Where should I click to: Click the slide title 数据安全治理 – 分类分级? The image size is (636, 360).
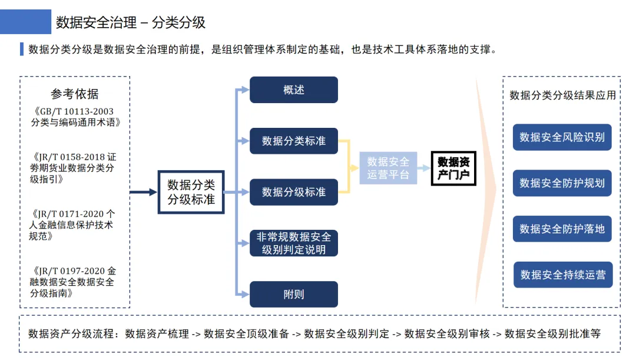(131, 23)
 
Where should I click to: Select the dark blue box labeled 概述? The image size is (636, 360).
(294, 90)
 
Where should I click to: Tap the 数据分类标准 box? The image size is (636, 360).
(294, 141)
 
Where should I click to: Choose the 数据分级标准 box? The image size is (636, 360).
(294, 192)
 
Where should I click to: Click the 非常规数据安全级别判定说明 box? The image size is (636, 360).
(294, 243)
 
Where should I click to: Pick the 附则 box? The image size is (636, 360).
(294, 294)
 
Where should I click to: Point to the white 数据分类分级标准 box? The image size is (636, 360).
(191, 192)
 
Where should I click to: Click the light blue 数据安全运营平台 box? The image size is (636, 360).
(388, 168)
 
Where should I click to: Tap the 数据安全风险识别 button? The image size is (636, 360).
(562, 137)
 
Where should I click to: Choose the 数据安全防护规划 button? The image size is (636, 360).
(562, 183)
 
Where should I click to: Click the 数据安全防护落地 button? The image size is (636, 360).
(562, 229)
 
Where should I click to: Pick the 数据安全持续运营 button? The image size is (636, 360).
(563, 275)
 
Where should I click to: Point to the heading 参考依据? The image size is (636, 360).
(75, 94)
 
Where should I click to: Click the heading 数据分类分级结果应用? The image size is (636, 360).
(562, 95)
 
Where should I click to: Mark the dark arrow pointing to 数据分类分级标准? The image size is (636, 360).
(143, 192)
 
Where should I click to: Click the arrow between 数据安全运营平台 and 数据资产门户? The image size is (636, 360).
(423, 168)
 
